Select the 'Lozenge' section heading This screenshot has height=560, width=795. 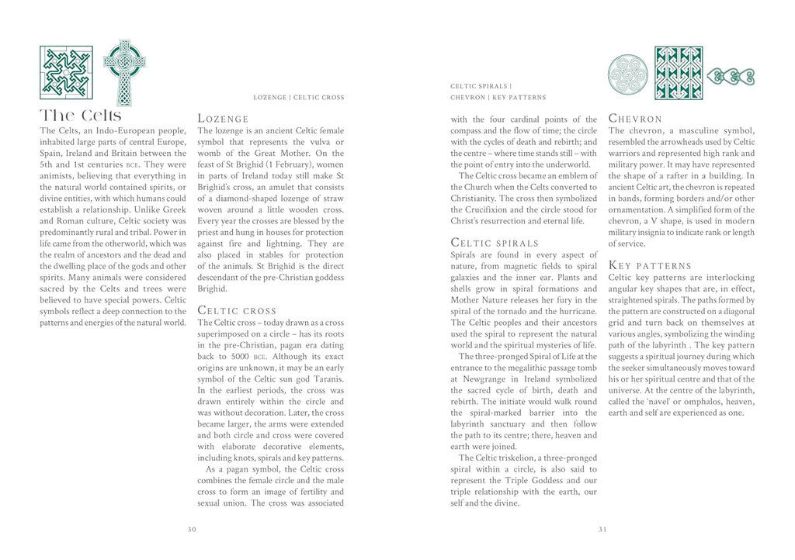[224, 119]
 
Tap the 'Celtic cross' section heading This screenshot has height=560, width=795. [238, 310]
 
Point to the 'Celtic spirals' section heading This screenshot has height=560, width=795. [495, 243]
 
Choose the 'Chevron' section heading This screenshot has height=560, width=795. [636, 119]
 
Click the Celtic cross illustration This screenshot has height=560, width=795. [124, 71]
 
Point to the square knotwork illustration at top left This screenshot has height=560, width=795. [66, 72]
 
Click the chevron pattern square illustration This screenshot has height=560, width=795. [679, 72]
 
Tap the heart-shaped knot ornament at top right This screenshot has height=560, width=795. [731, 76]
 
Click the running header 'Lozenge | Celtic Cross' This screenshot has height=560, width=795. [299, 98]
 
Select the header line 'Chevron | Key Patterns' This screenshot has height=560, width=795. [498, 98]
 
